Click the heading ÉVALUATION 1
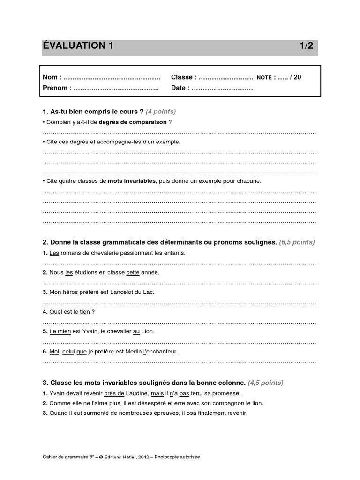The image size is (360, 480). pos(78,46)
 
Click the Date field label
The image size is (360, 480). pos(180,88)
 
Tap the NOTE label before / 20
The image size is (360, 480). pos(264,78)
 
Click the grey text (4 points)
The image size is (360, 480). pos(161,112)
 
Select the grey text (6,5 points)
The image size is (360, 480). pos(297,242)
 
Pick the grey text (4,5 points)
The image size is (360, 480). pos(265,382)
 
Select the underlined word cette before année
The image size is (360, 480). pos(133,272)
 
